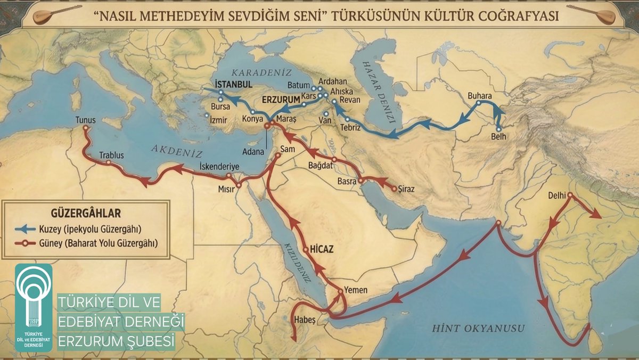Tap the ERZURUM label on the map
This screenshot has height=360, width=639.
tap(281, 99)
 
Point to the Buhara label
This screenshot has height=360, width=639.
tap(480, 96)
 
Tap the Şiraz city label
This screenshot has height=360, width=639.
tap(406, 189)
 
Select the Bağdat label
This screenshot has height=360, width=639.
tap(320, 166)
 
